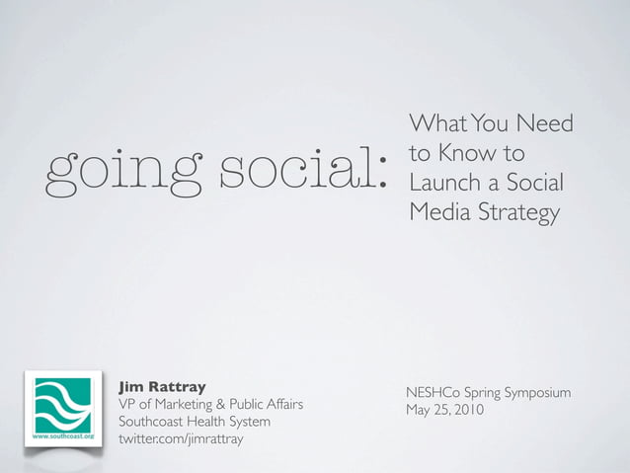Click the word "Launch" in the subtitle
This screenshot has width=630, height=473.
[x=443, y=184]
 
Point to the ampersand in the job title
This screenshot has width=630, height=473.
[x=221, y=404]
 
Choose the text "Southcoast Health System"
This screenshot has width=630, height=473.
[x=194, y=422]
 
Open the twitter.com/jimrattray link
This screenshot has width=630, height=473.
[x=180, y=439]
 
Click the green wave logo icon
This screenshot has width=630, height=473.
[x=63, y=404]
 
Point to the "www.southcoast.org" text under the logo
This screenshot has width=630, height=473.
[x=63, y=435]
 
